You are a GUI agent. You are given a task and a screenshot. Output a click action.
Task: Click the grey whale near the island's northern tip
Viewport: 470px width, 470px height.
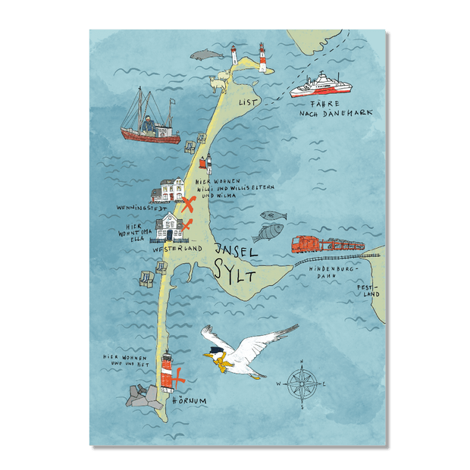(x=204, y=55)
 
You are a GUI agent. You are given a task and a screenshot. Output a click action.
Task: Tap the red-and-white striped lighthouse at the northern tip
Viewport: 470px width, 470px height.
(x=263, y=58)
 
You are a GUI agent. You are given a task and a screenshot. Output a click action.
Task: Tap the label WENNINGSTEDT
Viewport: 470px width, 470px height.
(x=136, y=205)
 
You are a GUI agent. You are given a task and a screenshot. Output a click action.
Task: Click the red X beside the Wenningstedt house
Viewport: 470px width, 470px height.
(x=189, y=202)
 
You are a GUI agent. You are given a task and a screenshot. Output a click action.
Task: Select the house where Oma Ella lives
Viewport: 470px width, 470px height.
(x=171, y=227)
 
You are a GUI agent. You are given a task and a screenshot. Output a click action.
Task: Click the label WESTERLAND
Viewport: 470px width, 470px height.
(x=176, y=248)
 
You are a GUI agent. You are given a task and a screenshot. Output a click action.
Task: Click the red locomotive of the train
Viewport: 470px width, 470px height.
(x=306, y=245)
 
